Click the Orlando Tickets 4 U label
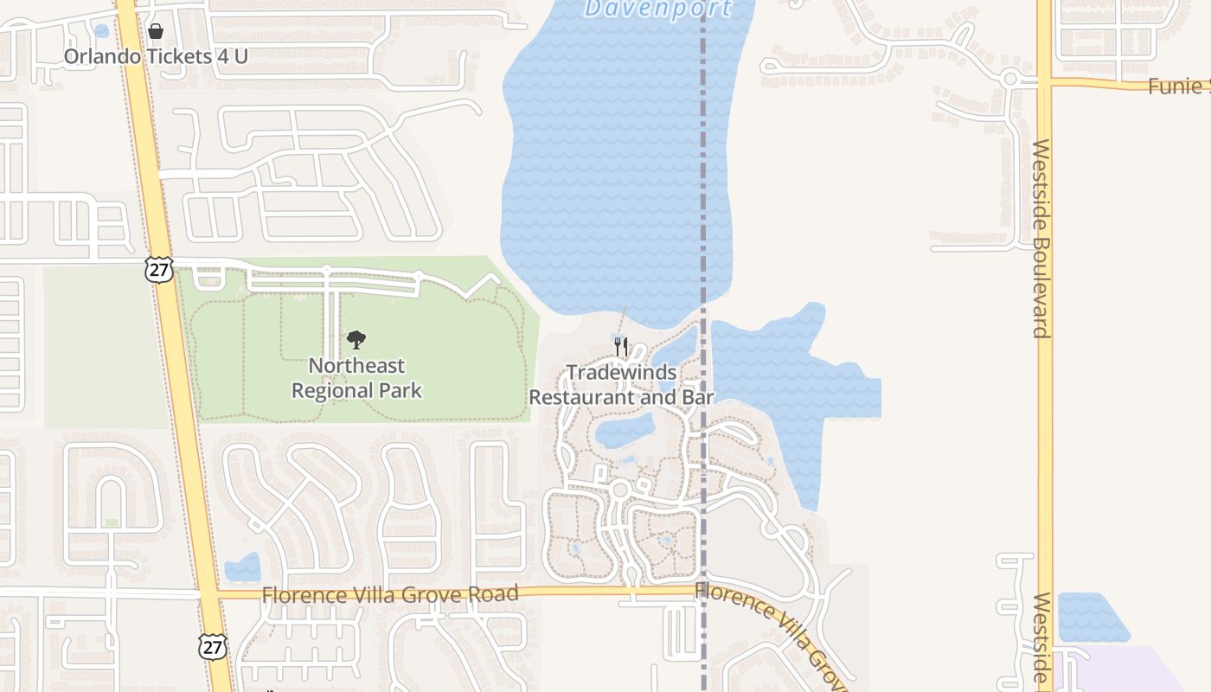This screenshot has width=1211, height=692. [156, 56]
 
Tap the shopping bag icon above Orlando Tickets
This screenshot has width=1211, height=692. [156, 32]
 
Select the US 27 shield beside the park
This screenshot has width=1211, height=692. [159, 269]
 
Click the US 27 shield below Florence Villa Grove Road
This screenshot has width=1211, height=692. [212, 646]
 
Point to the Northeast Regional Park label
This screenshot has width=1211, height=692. [356, 378]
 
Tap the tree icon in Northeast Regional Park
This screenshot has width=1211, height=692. [356, 340]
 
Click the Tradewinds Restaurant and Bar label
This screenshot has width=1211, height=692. [621, 385]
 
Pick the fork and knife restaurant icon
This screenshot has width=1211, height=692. [621, 347]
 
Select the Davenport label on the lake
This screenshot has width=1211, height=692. [657, 10]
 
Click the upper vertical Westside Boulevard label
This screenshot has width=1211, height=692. [1041, 238]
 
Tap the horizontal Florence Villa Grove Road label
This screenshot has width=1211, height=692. [390, 594]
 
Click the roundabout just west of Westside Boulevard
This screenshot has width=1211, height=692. [1009, 80]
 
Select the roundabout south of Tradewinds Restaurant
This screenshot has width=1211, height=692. [619, 490]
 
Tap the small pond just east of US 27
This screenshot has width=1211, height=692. [242, 567]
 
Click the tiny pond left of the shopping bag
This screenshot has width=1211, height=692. [101, 31]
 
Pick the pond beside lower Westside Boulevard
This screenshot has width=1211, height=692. [1091, 616]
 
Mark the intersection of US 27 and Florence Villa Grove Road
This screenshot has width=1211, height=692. [208, 595]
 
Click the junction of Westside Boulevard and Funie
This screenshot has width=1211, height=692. [1045, 83]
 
